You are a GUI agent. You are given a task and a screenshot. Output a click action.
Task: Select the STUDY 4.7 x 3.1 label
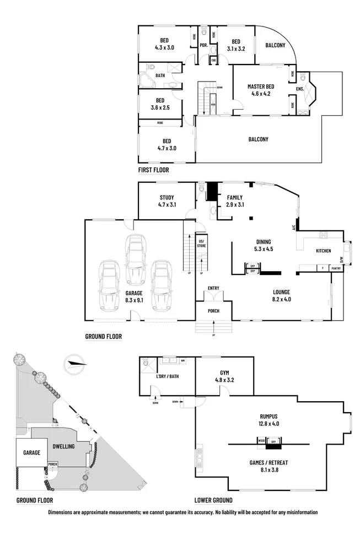166,201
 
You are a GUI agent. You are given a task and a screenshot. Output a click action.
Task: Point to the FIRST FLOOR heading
153,170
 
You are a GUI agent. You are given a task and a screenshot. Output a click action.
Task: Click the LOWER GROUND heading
213,500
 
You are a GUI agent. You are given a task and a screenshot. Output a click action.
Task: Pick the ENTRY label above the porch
213,288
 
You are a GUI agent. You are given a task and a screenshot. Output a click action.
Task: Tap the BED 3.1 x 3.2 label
236,45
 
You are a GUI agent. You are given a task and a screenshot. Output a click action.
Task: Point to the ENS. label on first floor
300,89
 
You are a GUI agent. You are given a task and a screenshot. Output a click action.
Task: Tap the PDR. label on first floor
203,45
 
